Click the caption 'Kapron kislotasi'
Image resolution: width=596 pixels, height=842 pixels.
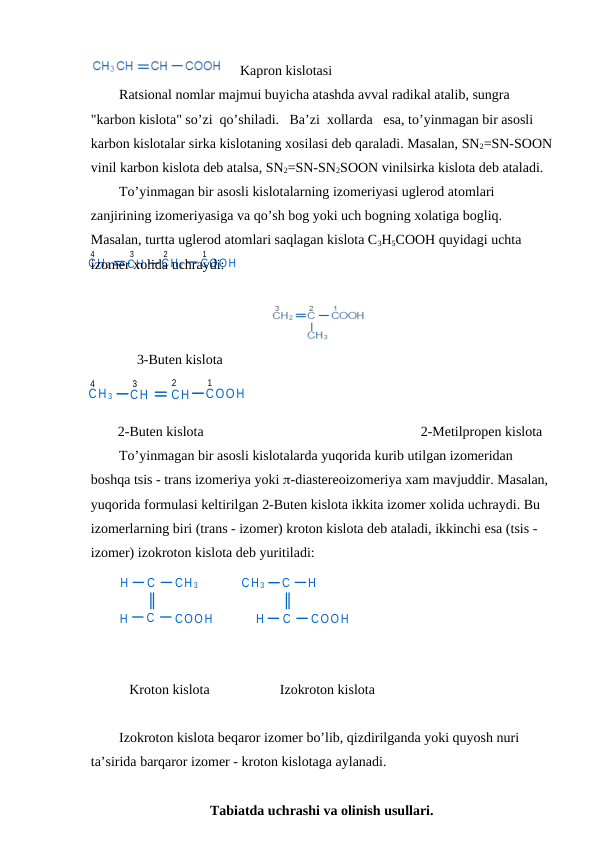pyautogui.click(x=286, y=70)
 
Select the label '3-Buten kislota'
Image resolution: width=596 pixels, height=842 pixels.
pyautogui.click(x=180, y=359)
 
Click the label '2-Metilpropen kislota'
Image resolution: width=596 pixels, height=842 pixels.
pyautogui.click(x=482, y=432)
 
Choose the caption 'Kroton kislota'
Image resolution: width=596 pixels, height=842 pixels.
pyautogui.click(x=169, y=689)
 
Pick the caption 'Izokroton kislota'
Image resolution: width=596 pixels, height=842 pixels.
pyautogui.click(x=327, y=689)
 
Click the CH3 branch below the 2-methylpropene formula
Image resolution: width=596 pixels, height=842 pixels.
pyautogui.click(x=317, y=335)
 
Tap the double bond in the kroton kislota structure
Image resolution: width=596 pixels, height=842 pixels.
pyautogui.click(x=151, y=600)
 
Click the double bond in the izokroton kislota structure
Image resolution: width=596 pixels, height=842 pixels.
pyautogui.click(x=287, y=600)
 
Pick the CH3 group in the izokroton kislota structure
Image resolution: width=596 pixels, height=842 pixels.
pyautogui.click(x=254, y=583)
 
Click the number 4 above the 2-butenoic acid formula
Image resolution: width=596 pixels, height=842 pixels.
pyautogui.click(x=92, y=383)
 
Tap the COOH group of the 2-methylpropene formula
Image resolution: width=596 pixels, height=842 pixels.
pyautogui.click(x=347, y=315)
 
